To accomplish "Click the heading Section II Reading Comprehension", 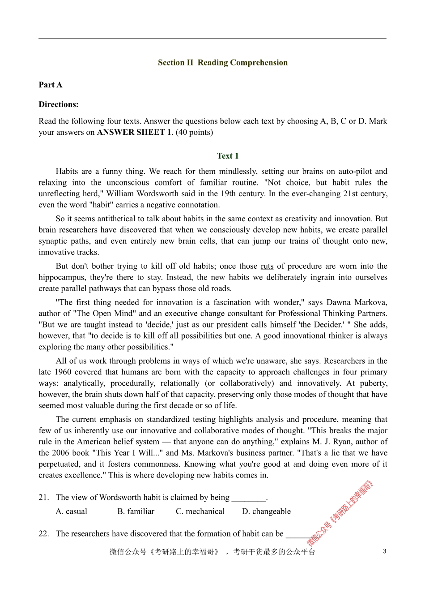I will point(222,63).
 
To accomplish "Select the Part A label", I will point(50,85).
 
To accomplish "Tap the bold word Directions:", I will point(58,104).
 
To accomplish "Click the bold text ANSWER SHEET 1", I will point(134,132).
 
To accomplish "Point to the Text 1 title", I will point(227,156).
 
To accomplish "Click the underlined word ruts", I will point(267,266).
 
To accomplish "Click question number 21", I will point(43,497).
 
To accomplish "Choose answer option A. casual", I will point(71,512).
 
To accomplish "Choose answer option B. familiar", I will point(136,512).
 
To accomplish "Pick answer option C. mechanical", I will point(200,512).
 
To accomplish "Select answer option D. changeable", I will point(266,512).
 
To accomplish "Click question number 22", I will point(43,533).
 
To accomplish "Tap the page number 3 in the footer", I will point(384,551).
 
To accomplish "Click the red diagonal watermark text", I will point(340,513).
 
